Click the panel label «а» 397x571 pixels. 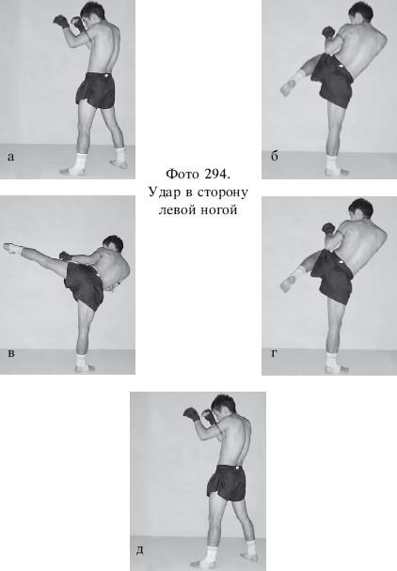[10, 158]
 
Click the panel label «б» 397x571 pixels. [275, 156]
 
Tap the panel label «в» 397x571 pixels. [11, 354]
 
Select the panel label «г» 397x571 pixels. [274, 353]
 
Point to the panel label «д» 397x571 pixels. [140, 550]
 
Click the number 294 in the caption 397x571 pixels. [217, 174]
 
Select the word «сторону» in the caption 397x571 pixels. [223, 192]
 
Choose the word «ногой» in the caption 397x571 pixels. [219, 210]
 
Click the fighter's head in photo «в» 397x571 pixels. [113, 243]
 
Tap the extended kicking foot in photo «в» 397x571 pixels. [12, 248]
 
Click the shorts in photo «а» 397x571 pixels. [95, 89]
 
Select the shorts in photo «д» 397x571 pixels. [227, 483]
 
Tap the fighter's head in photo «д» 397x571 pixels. [223, 406]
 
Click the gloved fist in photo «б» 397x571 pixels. [328, 33]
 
